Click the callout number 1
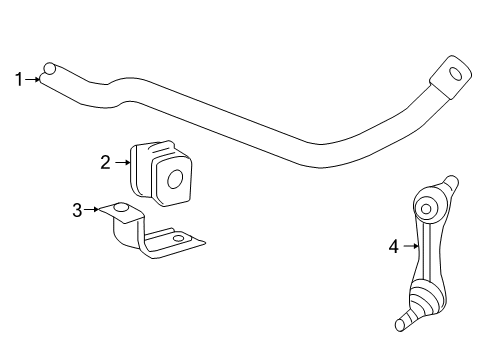pyautogui.click(x=17, y=78)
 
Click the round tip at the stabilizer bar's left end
pyautogui.click(x=48, y=70)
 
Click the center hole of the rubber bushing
pyautogui.click(x=174, y=180)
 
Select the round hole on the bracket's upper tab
pyautogui.click(x=120, y=209)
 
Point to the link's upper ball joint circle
pyautogui.click(x=427, y=210)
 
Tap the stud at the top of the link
pyautogui.click(x=451, y=185)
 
